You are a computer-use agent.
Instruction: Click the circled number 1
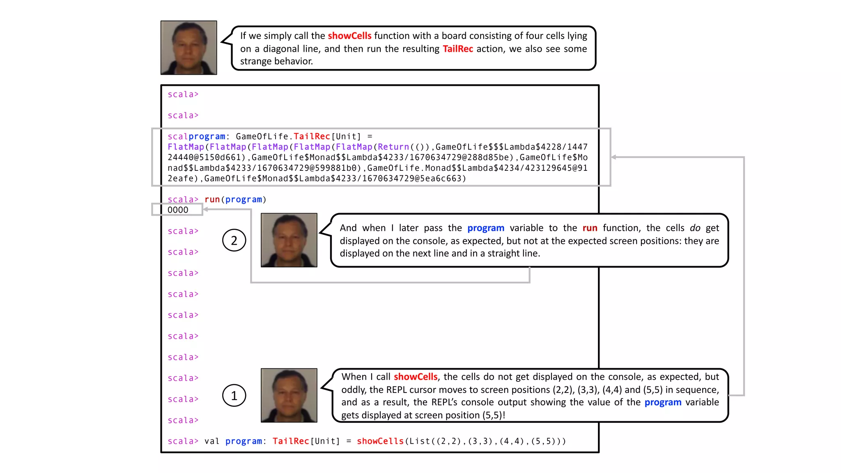click(234, 395)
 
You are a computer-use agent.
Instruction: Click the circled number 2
click(234, 240)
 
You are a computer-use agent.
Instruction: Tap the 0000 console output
click(178, 210)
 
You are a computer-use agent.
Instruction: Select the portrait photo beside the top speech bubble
click(188, 48)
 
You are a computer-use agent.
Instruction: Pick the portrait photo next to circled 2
click(289, 240)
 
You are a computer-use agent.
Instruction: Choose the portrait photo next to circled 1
click(289, 395)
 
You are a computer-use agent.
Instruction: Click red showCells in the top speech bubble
click(349, 36)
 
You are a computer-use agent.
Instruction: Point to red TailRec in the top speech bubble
click(458, 49)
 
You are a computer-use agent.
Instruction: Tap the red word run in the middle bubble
click(590, 228)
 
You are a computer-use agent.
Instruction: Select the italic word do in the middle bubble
click(695, 228)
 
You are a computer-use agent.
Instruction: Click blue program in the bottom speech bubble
click(663, 402)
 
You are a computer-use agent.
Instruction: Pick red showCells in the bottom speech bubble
click(416, 377)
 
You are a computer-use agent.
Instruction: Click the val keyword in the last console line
click(212, 441)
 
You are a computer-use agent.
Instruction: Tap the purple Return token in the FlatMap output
click(393, 147)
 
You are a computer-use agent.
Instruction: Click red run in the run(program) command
click(212, 200)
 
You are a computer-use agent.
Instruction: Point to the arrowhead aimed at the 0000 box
click(205, 209)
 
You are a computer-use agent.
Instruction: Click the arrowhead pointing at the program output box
click(614, 157)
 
